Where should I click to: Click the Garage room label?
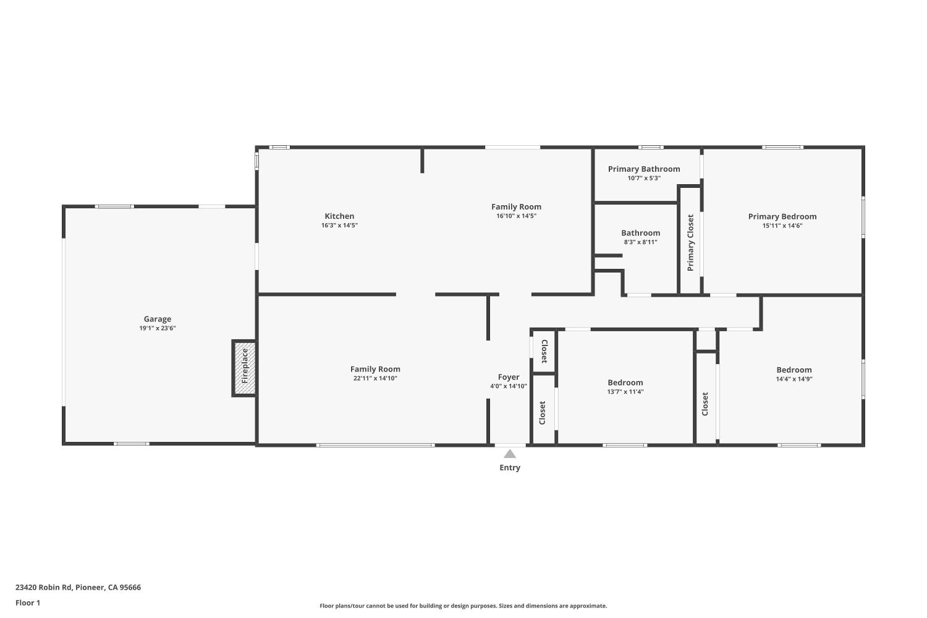click(x=157, y=319)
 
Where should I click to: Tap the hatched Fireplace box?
click(x=244, y=368)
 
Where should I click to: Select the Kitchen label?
click(x=339, y=216)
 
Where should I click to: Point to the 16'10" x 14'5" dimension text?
click(x=516, y=216)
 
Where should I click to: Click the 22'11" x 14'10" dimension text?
click(x=375, y=378)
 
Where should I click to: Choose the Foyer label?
click(x=509, y=377)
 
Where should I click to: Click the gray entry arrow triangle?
click(x=510, y=454)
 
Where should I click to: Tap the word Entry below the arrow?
click(x=510, y=468)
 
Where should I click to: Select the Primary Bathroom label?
click(x=644, y=169)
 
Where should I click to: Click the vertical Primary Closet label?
click(x=690, y=242)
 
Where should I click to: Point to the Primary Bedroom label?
click(x=782, y=216)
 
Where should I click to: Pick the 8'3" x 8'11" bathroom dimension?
click(x=640, y=242)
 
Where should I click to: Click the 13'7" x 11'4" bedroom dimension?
click(x=625, y=391)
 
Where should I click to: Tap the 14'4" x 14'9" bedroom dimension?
click(x=794, y=379)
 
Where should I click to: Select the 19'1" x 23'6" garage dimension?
click(x=157, y=328)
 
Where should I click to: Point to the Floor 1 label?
click(x=28, y=603)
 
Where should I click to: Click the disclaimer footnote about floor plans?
click(x=463, y=606)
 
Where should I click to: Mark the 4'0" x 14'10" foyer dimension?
click(x=509, y=386)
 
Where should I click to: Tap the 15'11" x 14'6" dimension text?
click(x=782, y=226)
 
